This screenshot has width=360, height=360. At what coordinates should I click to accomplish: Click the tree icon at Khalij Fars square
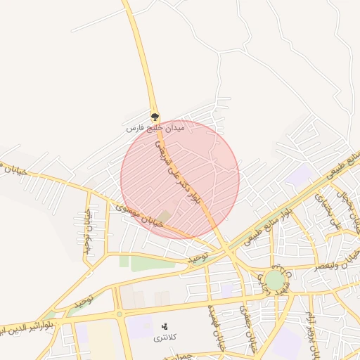click(x=155, y=117)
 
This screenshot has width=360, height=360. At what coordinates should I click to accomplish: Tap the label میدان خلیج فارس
click(x=154, y=129)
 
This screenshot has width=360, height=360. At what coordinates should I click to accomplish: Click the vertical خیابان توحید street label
click(x=87, y=232)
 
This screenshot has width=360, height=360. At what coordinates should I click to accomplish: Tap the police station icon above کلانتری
click(x=165, y=326)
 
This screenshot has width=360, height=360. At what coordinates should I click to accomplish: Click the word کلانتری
click(x=166, y=338)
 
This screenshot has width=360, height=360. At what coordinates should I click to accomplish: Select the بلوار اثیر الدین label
click(x=28, y=328)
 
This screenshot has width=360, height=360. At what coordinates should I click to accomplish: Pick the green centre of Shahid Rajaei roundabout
click(x=275, y=281)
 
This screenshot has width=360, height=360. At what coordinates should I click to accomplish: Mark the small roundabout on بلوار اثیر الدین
click(x=119, y=314)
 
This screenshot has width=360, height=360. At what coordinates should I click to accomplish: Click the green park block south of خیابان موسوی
click(x=151, y=263)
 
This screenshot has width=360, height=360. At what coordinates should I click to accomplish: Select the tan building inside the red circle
click(x=165, y=215)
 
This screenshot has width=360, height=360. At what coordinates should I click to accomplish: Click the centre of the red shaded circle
click(x=180, y=179)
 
